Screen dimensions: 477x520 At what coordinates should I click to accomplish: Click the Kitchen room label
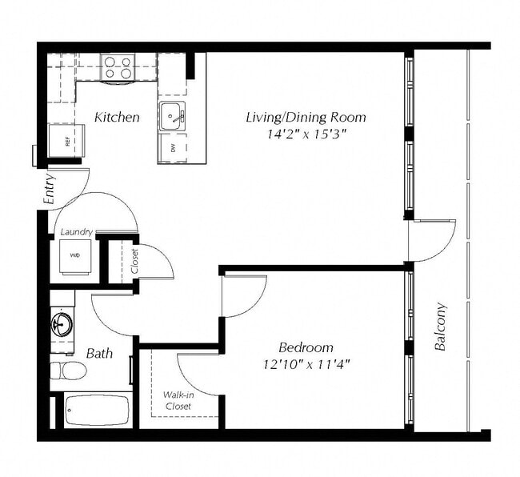coord(117,118)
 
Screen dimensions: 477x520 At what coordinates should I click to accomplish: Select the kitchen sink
coord(171,117)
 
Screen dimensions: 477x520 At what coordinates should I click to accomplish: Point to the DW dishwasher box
coord(172,148)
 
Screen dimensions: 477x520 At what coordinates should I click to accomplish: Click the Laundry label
coord(76,232)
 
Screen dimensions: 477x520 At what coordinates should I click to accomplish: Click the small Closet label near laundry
coord(134,261)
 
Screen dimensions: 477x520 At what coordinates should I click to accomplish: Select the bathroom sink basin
coord(61,325)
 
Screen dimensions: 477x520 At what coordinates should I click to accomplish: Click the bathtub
coord(96,410)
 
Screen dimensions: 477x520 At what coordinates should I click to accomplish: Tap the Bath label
coord(99,353)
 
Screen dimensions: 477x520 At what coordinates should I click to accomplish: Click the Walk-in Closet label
coord(178,400)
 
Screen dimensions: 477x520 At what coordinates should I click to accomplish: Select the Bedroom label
coord(306,347)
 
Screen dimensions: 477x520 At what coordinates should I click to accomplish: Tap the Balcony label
coord(440,327)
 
